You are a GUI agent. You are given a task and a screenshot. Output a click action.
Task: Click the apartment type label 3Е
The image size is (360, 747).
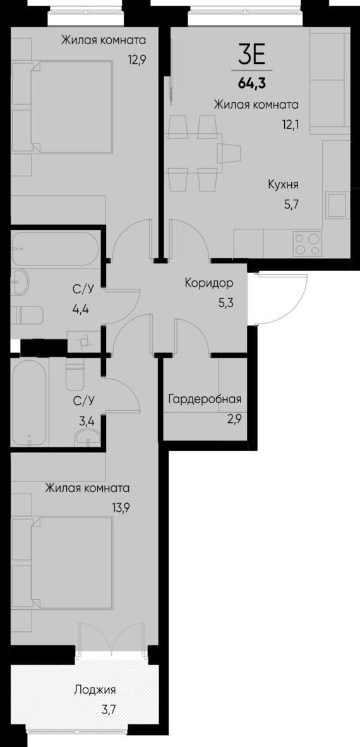click(251, 56)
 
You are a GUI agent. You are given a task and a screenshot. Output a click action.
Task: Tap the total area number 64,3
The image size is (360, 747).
click(251, 82)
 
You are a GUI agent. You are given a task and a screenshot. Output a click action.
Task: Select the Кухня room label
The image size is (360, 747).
click(283, 185)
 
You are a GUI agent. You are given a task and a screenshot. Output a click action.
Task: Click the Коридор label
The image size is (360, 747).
click(209, 283)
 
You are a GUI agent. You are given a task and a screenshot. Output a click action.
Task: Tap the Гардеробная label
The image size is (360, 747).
click(205, 399)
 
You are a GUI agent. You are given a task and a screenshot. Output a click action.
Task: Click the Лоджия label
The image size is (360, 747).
click(94, 689)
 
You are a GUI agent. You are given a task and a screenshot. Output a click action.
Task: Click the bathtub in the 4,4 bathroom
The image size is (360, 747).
click(54, 248)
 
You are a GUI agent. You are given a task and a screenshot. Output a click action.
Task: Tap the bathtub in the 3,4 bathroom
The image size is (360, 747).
click(28, 402)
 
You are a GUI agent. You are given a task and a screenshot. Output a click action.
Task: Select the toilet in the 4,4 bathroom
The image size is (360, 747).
click(30, 314)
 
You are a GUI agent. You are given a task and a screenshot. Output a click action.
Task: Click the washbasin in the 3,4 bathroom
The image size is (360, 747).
click(85, 436)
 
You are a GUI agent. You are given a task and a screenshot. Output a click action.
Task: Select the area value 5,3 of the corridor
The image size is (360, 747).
click(225, 302)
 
